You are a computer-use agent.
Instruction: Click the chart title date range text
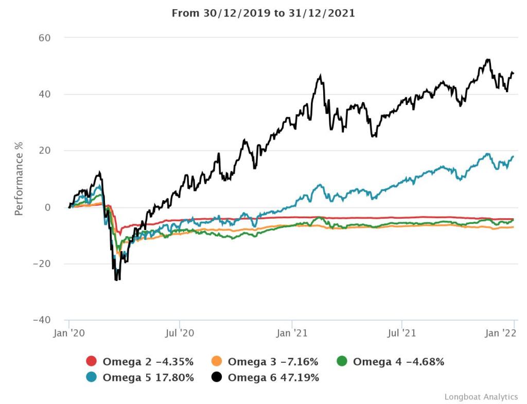pos(263,13)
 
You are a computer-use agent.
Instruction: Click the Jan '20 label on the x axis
pos(69,333)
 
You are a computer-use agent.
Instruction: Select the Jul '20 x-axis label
pos(180,333)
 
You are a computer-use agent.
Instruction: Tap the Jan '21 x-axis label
pos(292,333)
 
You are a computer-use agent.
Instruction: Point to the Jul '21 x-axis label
pos(401,333)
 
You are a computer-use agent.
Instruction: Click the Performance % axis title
pos(19,179)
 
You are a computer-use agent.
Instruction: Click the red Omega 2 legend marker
pos(92,362)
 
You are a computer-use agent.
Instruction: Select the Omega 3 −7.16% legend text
pos(273,362)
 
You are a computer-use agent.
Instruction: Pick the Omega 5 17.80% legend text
pos(148,378)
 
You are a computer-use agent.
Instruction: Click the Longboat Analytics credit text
pos(481,397)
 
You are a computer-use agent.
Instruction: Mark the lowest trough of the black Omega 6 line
pos(117,279)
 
